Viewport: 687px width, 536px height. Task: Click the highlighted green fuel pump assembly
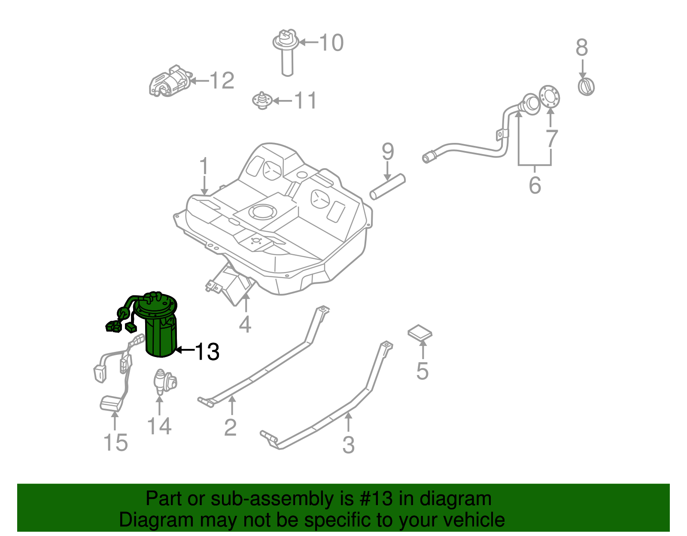[x=160, y=330]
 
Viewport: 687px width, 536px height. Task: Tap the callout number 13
[x=207, y=351]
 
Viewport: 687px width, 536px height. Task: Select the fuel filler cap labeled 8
[x=586, y=86]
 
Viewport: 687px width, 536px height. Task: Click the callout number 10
[x=331, y=42]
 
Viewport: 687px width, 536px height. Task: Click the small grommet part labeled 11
[x=261, y=100]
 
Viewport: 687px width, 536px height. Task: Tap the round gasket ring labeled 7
[x=550, y=97]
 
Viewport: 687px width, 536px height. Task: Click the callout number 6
[x=535, y=185]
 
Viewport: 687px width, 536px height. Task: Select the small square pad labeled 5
[x=419, y=333]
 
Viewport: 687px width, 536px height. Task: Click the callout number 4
[x=245, y=324]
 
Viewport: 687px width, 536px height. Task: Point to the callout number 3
[x=348, y=445]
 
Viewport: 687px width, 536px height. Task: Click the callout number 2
[x=230, y=427]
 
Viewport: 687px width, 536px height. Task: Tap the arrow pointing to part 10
[x=308, y=42]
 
